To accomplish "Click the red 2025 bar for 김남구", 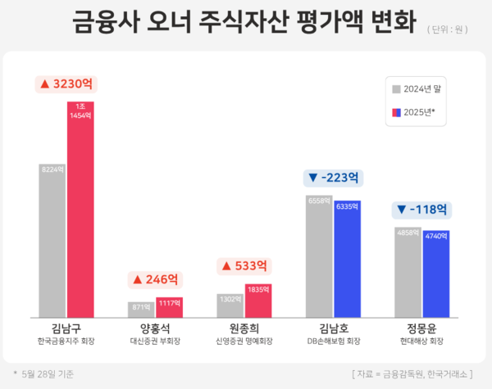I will (x=81, y=209).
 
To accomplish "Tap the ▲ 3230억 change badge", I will (x=66, y=84).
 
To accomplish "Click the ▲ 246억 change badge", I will (x=156, y=279).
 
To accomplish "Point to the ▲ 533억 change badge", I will (x=244, y=265).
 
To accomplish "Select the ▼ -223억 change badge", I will (x=333, y=177).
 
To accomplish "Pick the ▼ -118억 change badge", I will (x=421, y=209).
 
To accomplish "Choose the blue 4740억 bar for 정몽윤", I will (x=436, y=274).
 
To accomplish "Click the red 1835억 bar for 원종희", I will (x=258, y=300).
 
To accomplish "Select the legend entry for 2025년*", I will (x=417, y=113).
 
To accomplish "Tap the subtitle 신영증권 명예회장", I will (x=244, y=341).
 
